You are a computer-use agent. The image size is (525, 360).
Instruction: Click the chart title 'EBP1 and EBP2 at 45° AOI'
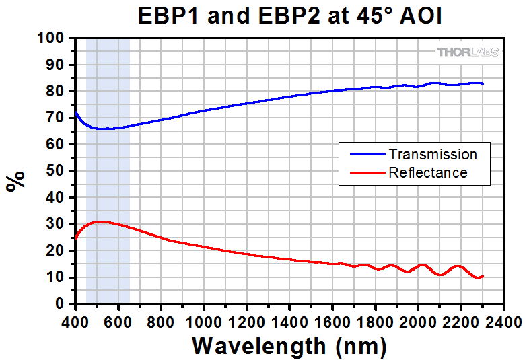click(289, 15)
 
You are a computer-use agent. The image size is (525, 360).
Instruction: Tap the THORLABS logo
click(468, 52)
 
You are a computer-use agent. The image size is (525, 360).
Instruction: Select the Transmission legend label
click(433, 155)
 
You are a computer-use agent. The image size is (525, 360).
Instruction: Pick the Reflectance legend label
click(427, 172)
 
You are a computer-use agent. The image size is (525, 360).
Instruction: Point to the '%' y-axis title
click(17, 180)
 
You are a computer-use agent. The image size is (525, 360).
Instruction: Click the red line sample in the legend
click(363, 173)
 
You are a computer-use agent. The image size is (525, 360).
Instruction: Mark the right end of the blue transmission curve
click(483, 83)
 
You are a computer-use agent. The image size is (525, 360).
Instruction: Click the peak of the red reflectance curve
click(100, 221)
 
